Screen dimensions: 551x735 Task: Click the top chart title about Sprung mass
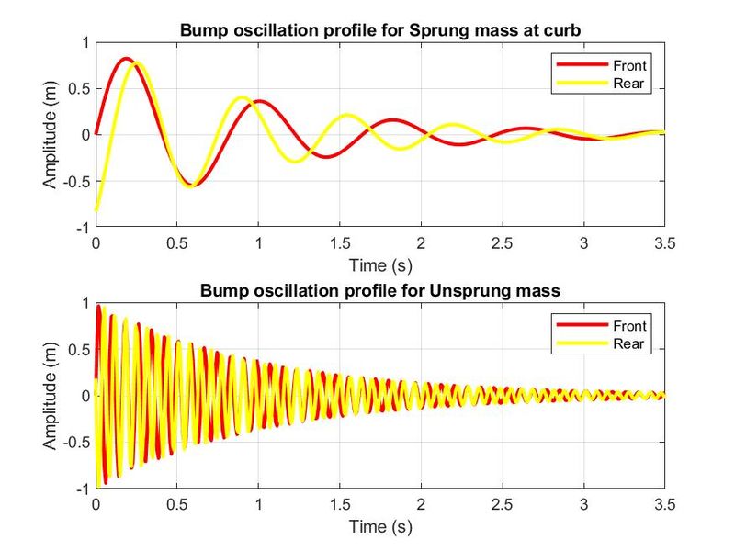click(380, 31)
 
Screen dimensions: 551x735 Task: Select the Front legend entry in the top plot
click(630, 65)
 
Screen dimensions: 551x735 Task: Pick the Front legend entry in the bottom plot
click(630, 326)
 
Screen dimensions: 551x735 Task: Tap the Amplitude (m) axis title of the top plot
click(51, 134)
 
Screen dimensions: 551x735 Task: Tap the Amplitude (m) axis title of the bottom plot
click(51, 395)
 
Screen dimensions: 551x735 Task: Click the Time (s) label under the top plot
click(380, 266)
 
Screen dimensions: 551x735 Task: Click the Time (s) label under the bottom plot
click(380, 527)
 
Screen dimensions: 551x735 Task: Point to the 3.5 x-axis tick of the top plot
click(664, 243)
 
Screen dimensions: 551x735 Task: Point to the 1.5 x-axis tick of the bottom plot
click(340, 504)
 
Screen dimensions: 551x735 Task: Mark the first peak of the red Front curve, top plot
click(127, 59)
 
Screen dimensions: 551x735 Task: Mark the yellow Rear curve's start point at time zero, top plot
click(96, 210)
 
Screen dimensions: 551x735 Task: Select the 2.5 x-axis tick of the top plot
click(502, 243)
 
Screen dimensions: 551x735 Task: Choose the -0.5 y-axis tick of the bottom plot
click(77, 442)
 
